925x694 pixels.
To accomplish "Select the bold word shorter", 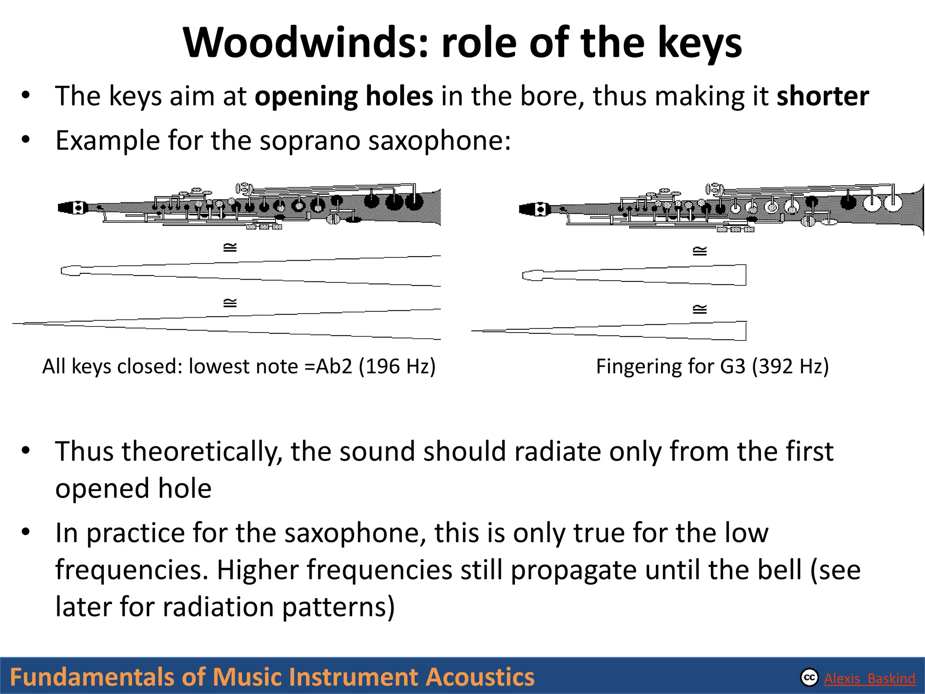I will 822,96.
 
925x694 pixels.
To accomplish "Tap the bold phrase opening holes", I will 344,96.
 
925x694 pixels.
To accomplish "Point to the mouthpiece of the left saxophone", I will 72,208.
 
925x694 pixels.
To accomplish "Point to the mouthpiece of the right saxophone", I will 533,209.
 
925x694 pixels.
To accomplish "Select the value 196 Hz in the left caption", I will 397,366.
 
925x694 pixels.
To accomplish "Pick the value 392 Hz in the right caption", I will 790,366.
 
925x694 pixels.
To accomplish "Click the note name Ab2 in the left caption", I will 333,366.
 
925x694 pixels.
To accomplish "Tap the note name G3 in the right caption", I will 732,366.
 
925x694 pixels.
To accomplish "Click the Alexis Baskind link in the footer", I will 869,679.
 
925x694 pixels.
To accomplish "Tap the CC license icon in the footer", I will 809,678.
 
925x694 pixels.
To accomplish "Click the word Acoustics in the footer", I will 480,677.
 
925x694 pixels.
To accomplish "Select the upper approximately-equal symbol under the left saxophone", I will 230,248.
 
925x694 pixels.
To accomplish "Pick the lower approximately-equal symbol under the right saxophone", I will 700,309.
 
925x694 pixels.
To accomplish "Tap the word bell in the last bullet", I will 781,570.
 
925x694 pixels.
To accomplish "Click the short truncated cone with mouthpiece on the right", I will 632,275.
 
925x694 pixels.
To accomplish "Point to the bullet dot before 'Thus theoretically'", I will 25,451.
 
